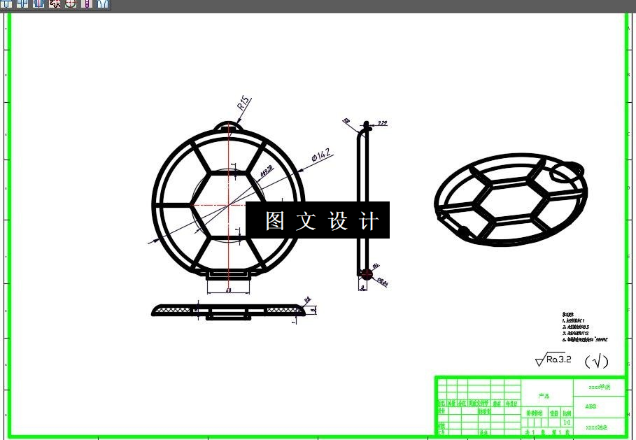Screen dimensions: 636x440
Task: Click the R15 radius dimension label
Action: tap(243, 104)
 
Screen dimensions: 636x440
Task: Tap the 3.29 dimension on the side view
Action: tap(382, 123)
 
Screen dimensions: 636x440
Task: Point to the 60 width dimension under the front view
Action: tap(228, 290)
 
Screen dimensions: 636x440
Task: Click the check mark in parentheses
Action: tap(596, 361)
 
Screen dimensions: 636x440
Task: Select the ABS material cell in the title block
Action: tap(591, 406)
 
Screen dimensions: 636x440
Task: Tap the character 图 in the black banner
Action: tap(275, 221)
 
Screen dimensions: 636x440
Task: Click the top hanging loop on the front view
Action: tap(229, 127)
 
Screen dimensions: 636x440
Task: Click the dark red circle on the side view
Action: tap(366, 274)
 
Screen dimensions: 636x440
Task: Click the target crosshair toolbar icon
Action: tap(71, 3)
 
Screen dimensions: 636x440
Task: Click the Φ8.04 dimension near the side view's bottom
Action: tap(383, 282)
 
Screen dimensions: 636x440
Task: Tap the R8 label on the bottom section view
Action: tap(306, 301)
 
